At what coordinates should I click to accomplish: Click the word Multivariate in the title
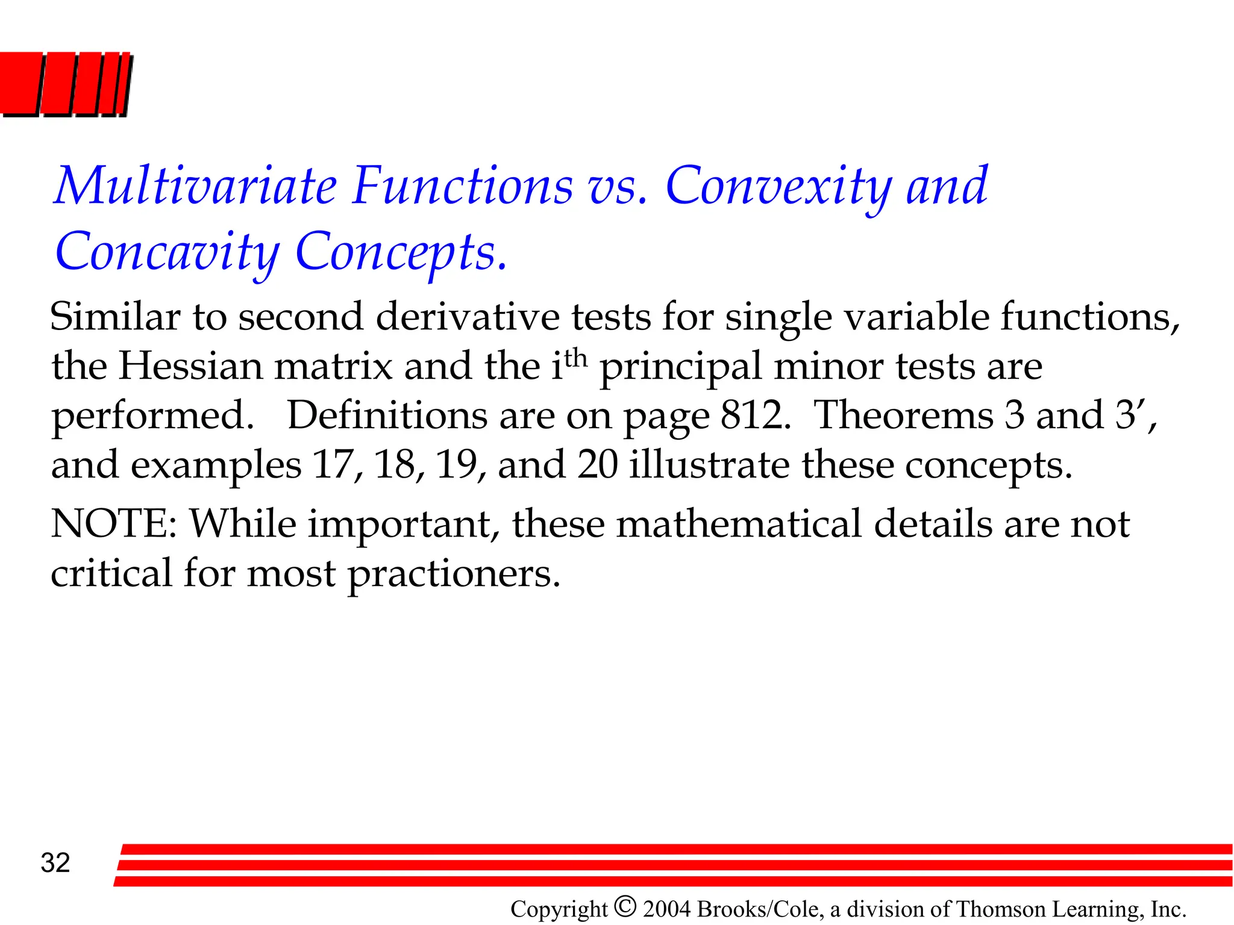[195, 186]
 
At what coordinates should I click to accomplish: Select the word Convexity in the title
[778, 186]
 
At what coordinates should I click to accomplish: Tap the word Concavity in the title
[167, 252]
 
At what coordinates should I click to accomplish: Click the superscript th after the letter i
[575, 357]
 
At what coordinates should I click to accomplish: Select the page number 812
[755, 416]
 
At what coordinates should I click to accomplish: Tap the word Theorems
[903, 416]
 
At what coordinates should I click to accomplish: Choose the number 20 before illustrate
[597, 465]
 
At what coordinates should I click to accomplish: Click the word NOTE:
[114, 523]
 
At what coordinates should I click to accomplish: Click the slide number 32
[55, 863]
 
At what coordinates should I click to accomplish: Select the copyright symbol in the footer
[625, 906]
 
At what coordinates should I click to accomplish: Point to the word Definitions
[421, 416]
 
